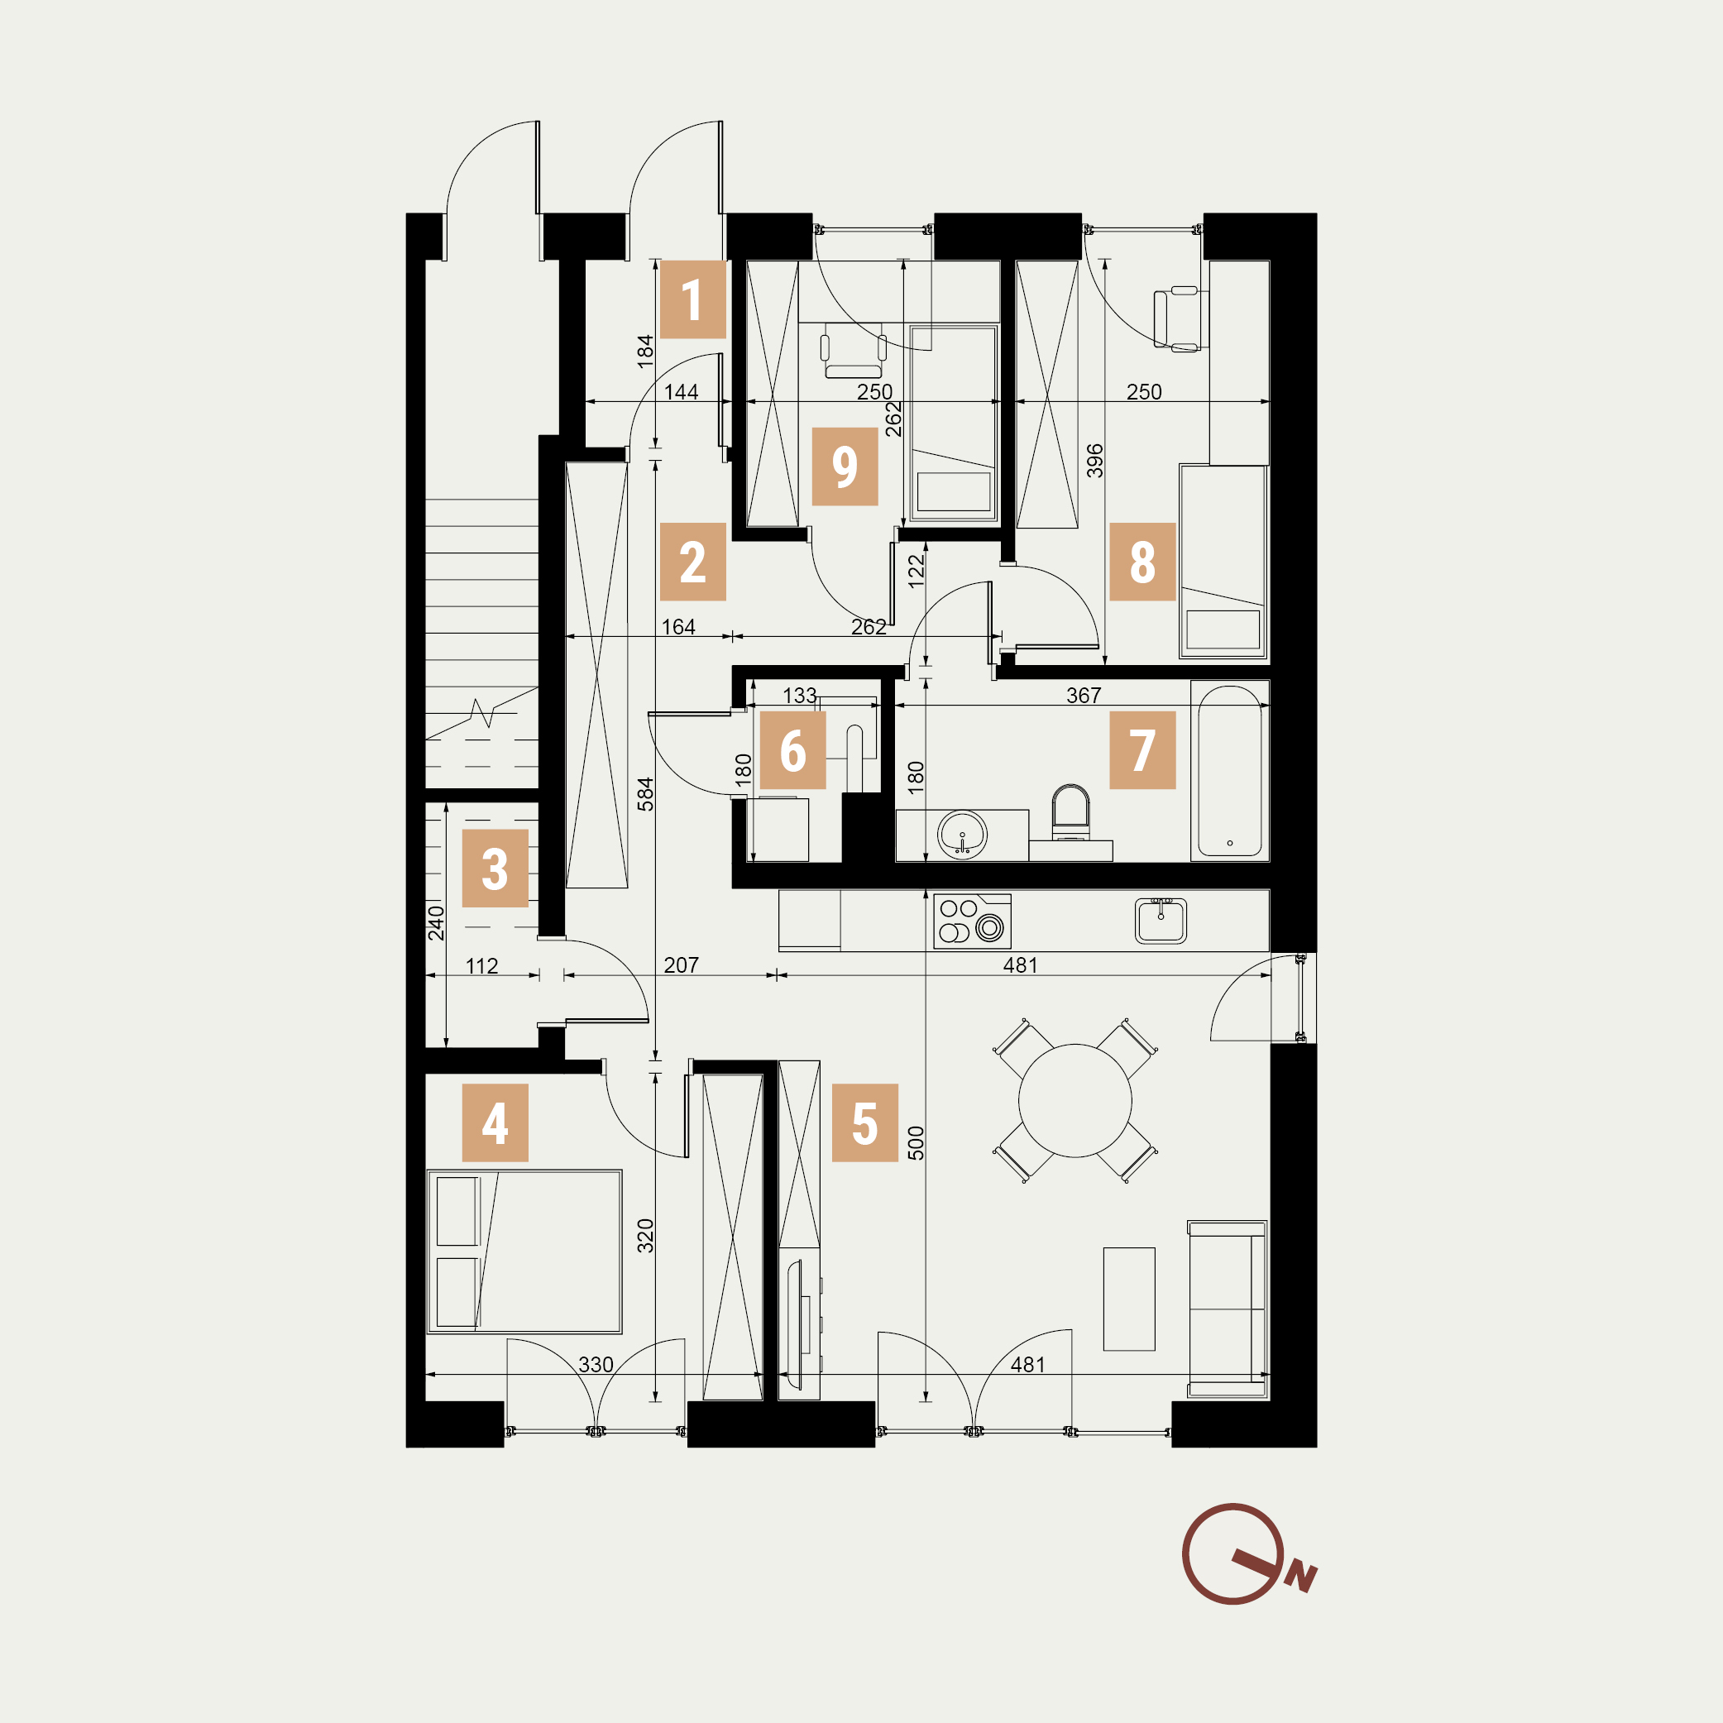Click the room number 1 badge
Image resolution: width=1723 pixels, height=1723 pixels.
click(692, 299)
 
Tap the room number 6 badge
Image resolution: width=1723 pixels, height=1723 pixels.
click(792, 750)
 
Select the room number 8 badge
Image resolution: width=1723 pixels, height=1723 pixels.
click(1142, 562)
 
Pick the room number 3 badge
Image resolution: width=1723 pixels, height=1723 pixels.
click(495, 869)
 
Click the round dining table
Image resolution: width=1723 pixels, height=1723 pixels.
click(1074, 1100)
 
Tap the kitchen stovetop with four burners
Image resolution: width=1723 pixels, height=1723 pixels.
click(972, 921)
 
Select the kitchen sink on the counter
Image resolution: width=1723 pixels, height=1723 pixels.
click(1161, 921)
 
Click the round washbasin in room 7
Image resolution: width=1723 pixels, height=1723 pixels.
click(962, 835)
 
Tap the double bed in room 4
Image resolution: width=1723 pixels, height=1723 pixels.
click(524, 1252)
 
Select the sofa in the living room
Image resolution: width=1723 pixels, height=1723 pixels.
click(1228, 1309)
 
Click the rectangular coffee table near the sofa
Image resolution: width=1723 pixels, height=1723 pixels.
click(1129, 1299)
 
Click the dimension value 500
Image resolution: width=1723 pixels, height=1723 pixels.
click(916, 1143)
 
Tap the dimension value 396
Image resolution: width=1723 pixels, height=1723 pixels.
click(1095, 461)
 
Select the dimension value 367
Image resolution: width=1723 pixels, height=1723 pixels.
click(1084, 696)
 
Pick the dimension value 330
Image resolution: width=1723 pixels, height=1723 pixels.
click(596, 1365)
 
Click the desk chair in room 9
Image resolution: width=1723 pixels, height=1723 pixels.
click(854, 351)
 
